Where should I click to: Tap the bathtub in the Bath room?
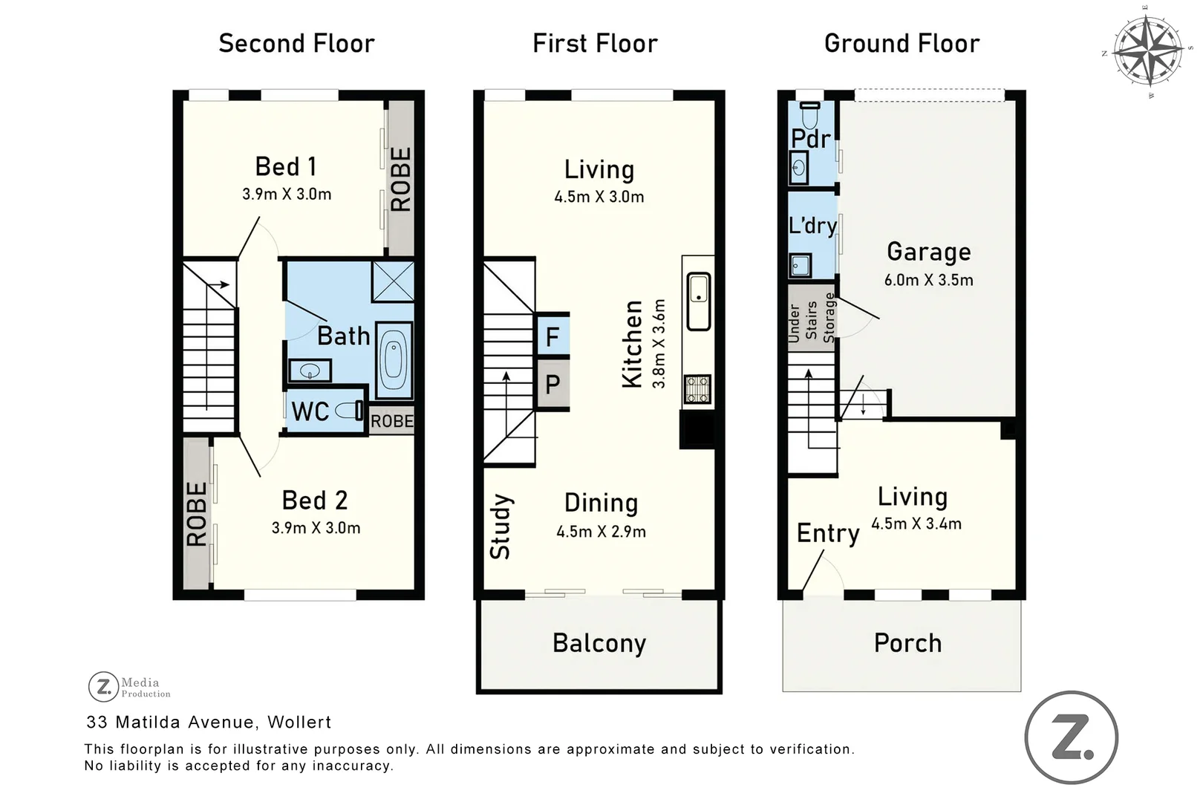coord(394,360)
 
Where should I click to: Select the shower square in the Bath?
coord(393,281)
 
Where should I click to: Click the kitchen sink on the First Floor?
coord(698,301)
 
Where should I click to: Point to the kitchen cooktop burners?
coord(697,389)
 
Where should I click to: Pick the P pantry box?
coord(553,384)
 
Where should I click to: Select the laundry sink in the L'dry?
coord(801,265)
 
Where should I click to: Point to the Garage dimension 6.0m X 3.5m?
coord(928,280)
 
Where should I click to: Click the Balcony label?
coord(599,644)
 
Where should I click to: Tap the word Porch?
coord(907,643)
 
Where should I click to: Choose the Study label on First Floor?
coord(501,526)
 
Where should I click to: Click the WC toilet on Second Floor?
coord(349,411)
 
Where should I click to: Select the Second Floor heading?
coord(296,44)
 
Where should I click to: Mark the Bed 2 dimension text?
coord(316,528)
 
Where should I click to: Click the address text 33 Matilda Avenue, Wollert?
coord(209,722)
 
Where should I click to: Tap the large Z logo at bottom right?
coord(1072,737)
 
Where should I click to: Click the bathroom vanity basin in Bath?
coord(310,371)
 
